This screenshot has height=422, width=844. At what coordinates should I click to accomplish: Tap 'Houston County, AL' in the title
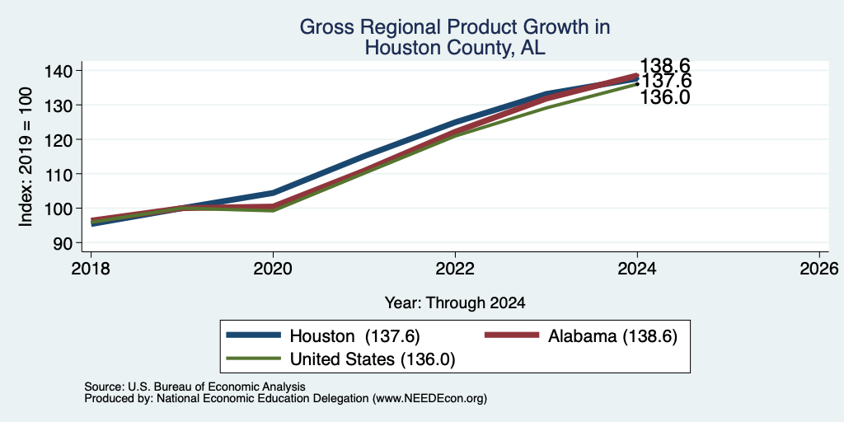point(455,48)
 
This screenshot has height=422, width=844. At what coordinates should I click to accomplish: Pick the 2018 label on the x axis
point(91,269)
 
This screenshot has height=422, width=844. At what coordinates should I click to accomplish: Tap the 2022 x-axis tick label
point(455,269)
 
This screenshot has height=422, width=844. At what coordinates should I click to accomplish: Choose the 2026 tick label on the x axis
point(819,269)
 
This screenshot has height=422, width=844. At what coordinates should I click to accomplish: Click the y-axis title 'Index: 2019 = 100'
point(26,157)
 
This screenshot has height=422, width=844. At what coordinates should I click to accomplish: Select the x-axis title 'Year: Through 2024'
point(455,303)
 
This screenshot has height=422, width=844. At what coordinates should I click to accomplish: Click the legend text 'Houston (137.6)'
point(354,336)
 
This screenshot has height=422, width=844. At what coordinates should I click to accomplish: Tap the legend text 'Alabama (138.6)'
point(612,336)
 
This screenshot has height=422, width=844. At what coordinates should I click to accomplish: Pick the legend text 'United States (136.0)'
point(373,359)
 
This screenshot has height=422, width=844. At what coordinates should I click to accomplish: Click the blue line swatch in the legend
point(254,335)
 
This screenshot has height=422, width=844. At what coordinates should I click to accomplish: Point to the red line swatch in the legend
point(512,335)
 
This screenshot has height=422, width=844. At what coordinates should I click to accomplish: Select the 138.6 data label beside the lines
point(665,66)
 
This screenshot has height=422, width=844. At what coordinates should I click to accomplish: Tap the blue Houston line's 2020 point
point(273,193)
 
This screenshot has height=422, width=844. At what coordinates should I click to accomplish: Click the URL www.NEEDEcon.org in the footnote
point(429,399)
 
